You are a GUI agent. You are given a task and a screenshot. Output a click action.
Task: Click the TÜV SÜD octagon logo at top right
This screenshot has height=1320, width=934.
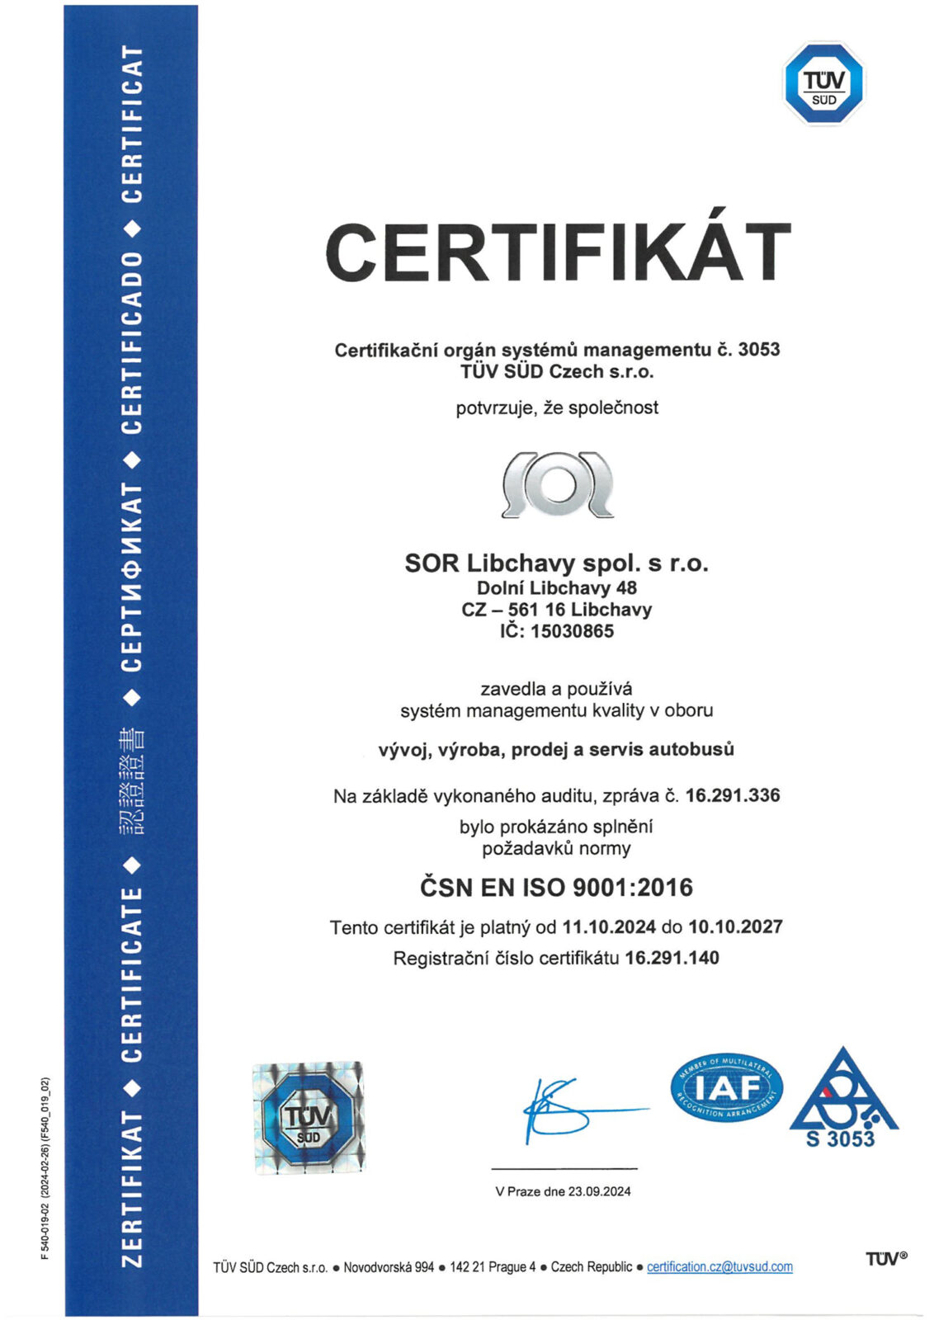click(x=823, y=84)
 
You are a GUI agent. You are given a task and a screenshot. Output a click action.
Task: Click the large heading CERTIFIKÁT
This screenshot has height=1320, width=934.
click(x=558, y=252)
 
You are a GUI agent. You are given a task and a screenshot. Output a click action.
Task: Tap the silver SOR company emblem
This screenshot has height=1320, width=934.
click(x=558, y=484)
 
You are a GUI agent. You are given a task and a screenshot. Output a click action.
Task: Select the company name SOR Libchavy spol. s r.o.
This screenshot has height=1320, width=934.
click(x=556, y=563)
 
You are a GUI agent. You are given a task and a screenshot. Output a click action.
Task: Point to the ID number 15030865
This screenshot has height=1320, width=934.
click(x=572, y=631)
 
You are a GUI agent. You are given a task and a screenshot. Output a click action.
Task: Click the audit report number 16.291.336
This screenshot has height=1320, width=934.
click(x=733, y=795)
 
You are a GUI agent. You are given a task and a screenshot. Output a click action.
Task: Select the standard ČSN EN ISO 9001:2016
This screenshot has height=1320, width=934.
click(x=556, y=888)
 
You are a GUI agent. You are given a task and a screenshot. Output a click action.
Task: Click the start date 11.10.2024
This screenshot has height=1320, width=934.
click(x=609, y=926)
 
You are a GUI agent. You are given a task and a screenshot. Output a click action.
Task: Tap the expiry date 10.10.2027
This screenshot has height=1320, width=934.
click(x=735, y=926)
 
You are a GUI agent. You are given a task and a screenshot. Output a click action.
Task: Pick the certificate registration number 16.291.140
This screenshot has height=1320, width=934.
click(x=672, y=958)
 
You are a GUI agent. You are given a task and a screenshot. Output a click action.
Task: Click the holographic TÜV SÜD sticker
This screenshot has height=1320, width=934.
click(x=308, y=1118)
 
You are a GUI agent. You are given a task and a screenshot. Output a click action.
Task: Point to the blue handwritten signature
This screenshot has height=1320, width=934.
click(x=569, y=1110)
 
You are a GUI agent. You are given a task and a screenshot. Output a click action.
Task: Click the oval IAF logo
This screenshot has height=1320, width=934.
click(x=726, y=1088)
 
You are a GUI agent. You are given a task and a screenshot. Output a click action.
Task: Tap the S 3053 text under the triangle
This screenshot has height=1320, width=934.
click(x=840, y=1139)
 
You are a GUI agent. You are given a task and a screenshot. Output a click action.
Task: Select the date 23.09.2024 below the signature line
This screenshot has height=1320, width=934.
click(x=599, y=1191)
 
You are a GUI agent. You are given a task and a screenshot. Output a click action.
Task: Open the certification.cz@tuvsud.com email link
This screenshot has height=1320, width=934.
click(x=719, y=1266)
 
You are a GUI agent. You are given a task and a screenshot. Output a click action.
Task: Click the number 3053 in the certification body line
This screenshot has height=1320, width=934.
click(x=758, y=350)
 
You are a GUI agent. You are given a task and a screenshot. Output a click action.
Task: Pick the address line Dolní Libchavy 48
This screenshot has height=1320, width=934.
click(x=556, y=588)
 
